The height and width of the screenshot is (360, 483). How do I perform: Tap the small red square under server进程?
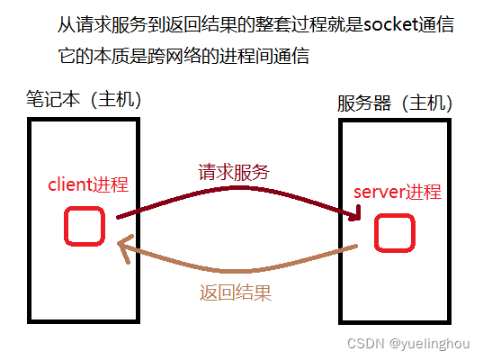[393, 232]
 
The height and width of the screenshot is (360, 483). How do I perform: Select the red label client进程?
[87, 184]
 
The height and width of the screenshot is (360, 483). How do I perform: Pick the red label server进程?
[397, 192]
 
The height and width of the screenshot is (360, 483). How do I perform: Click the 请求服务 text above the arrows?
[234, 172]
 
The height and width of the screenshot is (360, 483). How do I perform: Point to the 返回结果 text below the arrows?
[235, 292]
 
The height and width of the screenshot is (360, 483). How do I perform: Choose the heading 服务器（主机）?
[395, 103]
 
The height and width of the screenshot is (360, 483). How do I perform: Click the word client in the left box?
[68, 184]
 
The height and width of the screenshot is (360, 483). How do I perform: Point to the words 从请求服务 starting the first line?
[93, 24]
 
